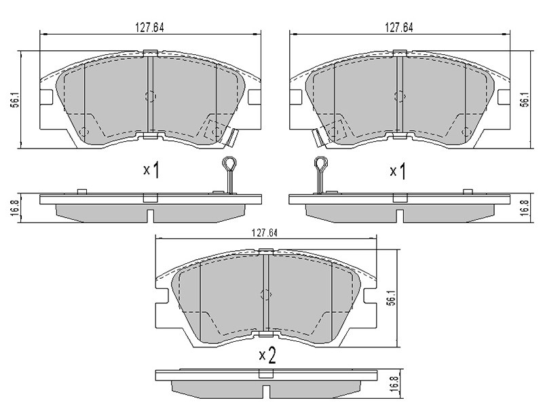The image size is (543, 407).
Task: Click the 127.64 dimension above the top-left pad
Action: click(x=149, y=28)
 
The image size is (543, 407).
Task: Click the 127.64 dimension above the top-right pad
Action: click(x=399, y=28)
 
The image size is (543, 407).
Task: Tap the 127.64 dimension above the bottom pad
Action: click(x=265, y=233)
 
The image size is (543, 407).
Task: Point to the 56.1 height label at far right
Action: click(x=525, y=99)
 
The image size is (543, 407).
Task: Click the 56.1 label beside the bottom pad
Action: click(x=390, y=297)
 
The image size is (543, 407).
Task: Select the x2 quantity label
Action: click(x=267, y=355)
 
